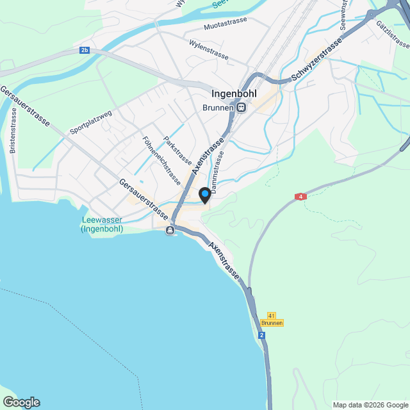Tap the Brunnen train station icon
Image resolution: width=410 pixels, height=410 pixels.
241,108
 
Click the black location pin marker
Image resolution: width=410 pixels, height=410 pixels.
204,194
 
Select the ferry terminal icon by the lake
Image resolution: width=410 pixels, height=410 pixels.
170,231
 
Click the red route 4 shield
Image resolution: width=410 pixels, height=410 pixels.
300,197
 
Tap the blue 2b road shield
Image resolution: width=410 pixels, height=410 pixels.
85,50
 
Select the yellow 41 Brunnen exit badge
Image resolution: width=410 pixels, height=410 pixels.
272,320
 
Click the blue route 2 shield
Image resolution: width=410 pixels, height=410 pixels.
262,335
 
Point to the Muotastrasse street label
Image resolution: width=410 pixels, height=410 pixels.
225,27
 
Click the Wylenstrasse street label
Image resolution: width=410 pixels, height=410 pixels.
209,49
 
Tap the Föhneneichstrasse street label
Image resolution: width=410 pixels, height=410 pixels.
161,160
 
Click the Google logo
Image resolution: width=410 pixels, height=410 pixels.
21,402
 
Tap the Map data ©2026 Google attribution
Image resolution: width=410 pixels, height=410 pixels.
370,405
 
